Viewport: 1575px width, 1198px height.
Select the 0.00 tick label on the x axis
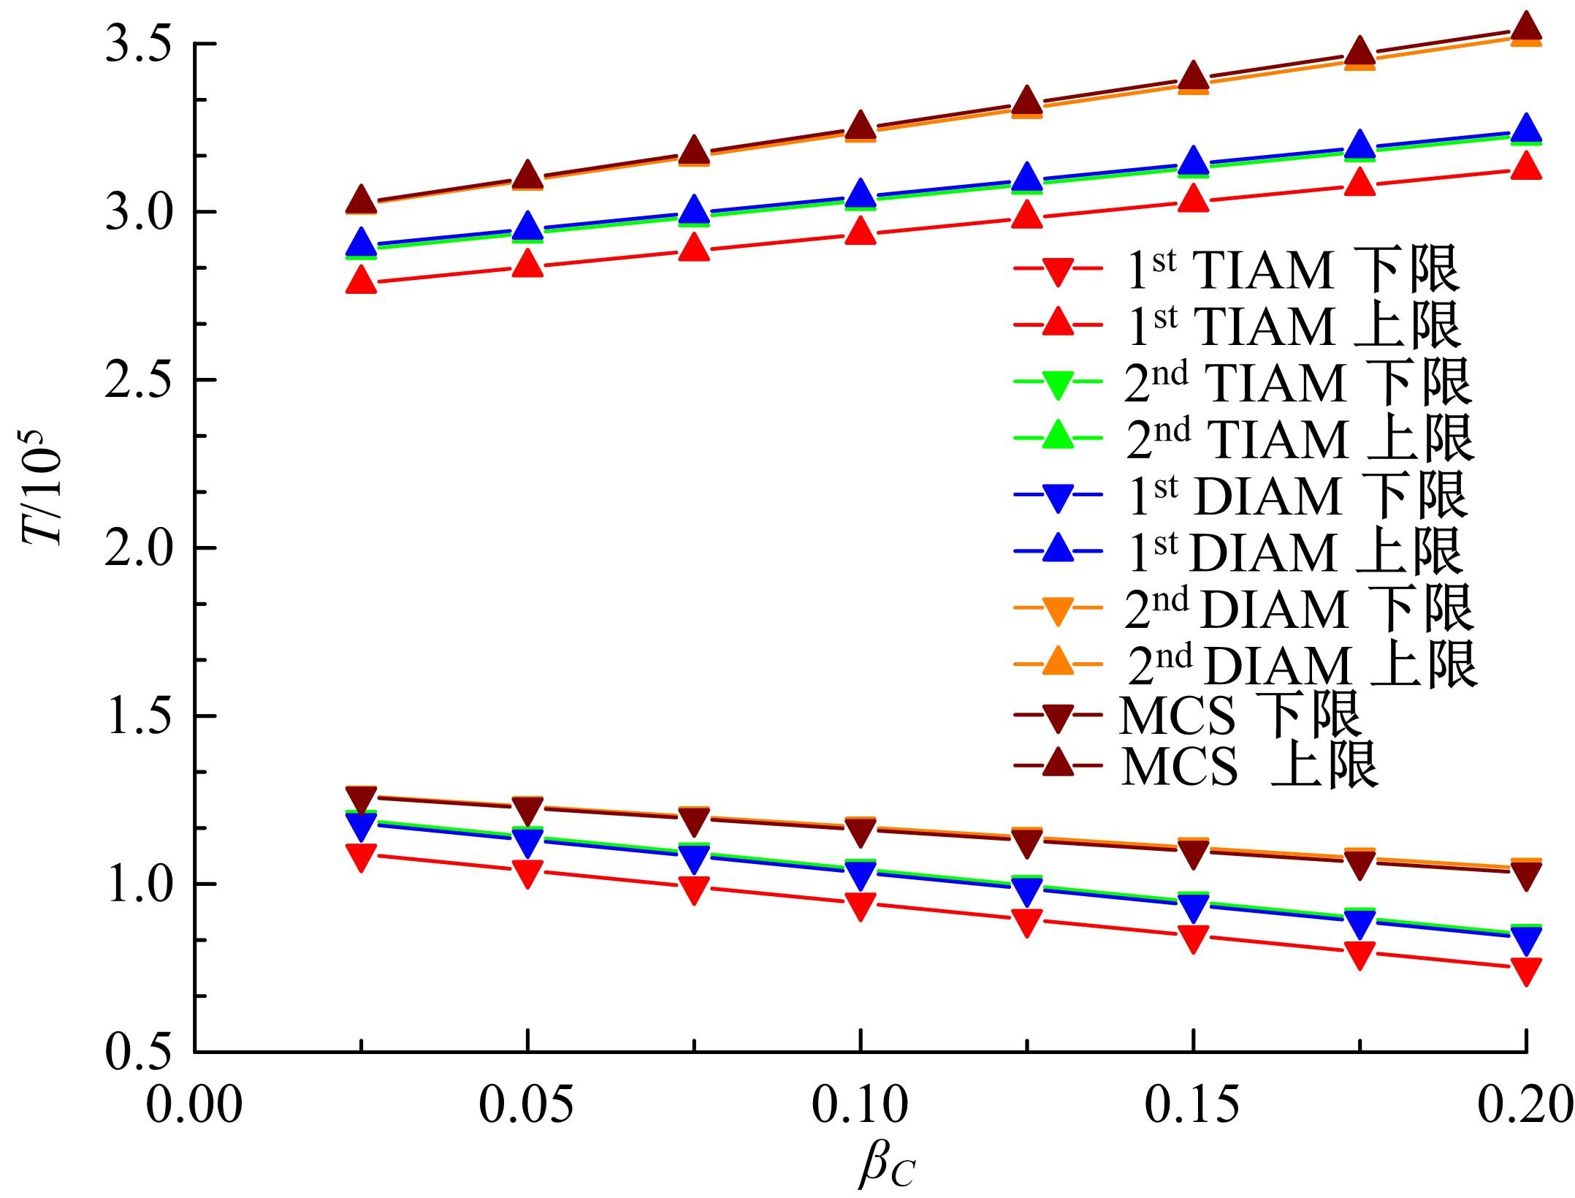coord(194,1105)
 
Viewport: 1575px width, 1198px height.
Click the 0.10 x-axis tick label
coord(861,1105)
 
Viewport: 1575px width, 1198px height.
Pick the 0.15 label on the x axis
coord(1193,1105)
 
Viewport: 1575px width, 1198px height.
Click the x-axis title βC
coord(885,1166)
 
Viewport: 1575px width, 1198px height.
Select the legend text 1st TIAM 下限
coord(1290,270)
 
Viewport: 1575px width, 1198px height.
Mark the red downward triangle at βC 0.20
coord(1525,971)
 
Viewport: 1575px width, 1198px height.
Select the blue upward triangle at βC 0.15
coord(1193,159)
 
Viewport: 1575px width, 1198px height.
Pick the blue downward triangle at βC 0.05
coord(527,843)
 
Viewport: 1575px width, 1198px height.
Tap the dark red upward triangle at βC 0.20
coord(1525,27)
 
